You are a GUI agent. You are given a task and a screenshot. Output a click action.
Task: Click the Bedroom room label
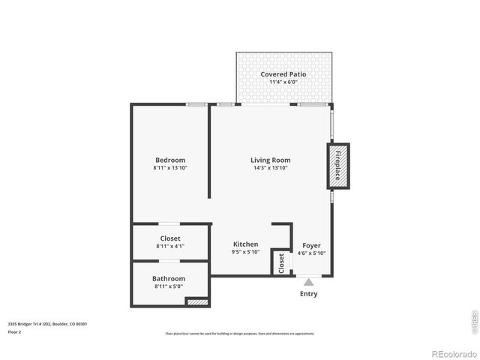170,160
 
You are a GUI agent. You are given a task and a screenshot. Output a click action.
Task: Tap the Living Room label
270,160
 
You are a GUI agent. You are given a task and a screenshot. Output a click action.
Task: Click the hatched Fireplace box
337,166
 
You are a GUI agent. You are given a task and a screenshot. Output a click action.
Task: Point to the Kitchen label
245,244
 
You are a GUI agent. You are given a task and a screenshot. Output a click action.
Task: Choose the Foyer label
311,245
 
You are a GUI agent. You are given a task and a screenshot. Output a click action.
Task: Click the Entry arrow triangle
308,282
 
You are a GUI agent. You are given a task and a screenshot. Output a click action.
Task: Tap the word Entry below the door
308,293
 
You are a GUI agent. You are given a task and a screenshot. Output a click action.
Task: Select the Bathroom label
169,278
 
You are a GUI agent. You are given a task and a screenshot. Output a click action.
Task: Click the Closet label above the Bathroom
170,238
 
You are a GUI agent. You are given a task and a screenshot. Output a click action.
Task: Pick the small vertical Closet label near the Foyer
281,262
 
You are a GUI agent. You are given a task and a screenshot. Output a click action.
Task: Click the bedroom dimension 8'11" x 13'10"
170,168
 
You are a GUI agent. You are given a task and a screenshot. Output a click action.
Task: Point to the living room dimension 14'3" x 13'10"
270,168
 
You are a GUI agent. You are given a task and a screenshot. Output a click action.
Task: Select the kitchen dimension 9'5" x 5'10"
245,252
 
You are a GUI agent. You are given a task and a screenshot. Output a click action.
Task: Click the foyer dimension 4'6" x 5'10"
311,253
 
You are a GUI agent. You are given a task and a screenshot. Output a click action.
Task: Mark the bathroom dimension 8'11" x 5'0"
169,286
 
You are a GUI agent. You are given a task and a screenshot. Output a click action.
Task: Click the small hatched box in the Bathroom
196,301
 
